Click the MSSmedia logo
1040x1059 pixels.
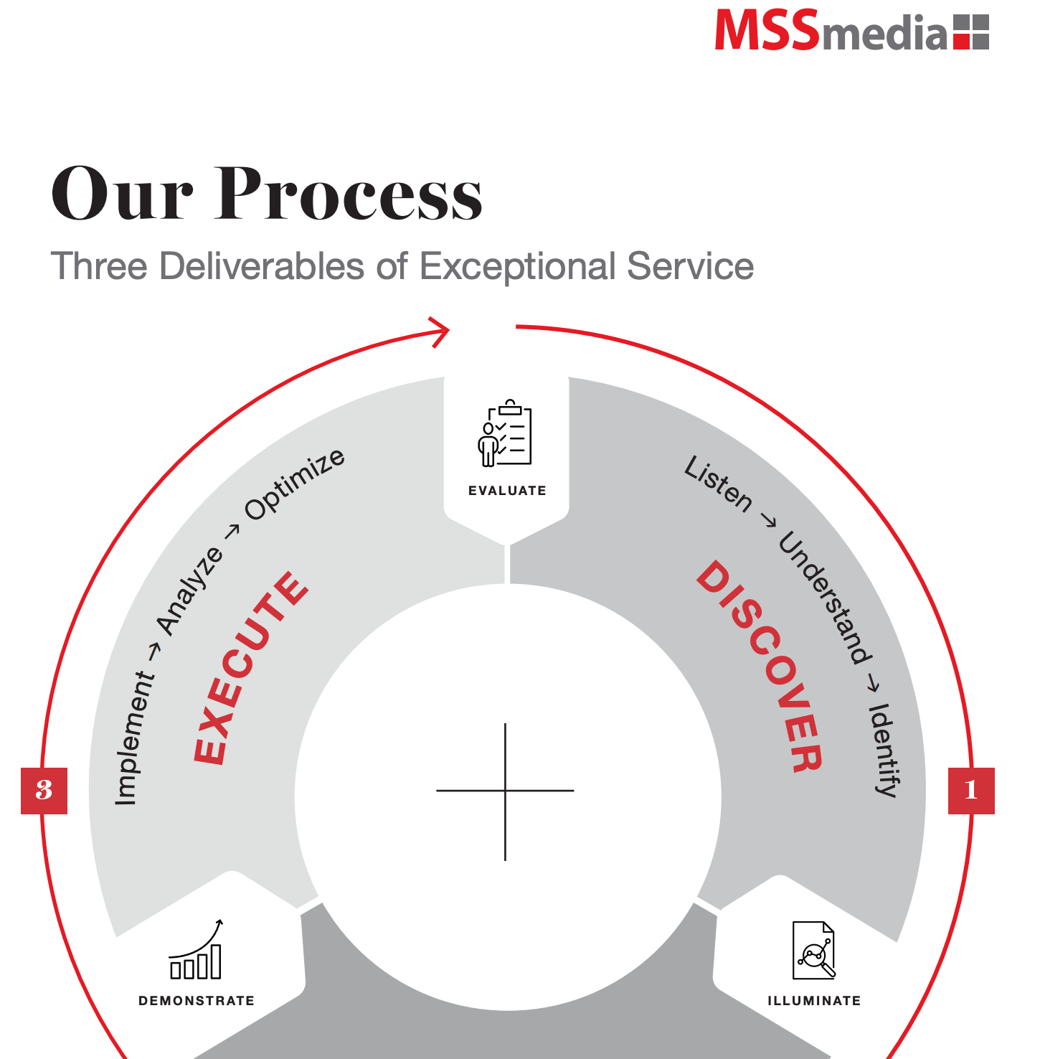coord(852,30)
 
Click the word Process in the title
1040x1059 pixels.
coord(349,193)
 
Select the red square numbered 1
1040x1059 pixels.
coord(971,791)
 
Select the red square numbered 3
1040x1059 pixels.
coord(44,791)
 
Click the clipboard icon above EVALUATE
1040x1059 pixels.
coord(505,433)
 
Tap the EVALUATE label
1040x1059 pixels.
coord(507,491)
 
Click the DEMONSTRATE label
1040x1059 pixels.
coord(197,1001)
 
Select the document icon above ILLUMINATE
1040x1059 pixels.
coord(814,950)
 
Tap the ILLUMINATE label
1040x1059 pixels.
coord(814,1001)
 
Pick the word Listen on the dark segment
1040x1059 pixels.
coord(718,485)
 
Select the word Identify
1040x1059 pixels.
coord(884,750)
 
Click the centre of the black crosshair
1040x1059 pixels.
coord(506,791)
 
